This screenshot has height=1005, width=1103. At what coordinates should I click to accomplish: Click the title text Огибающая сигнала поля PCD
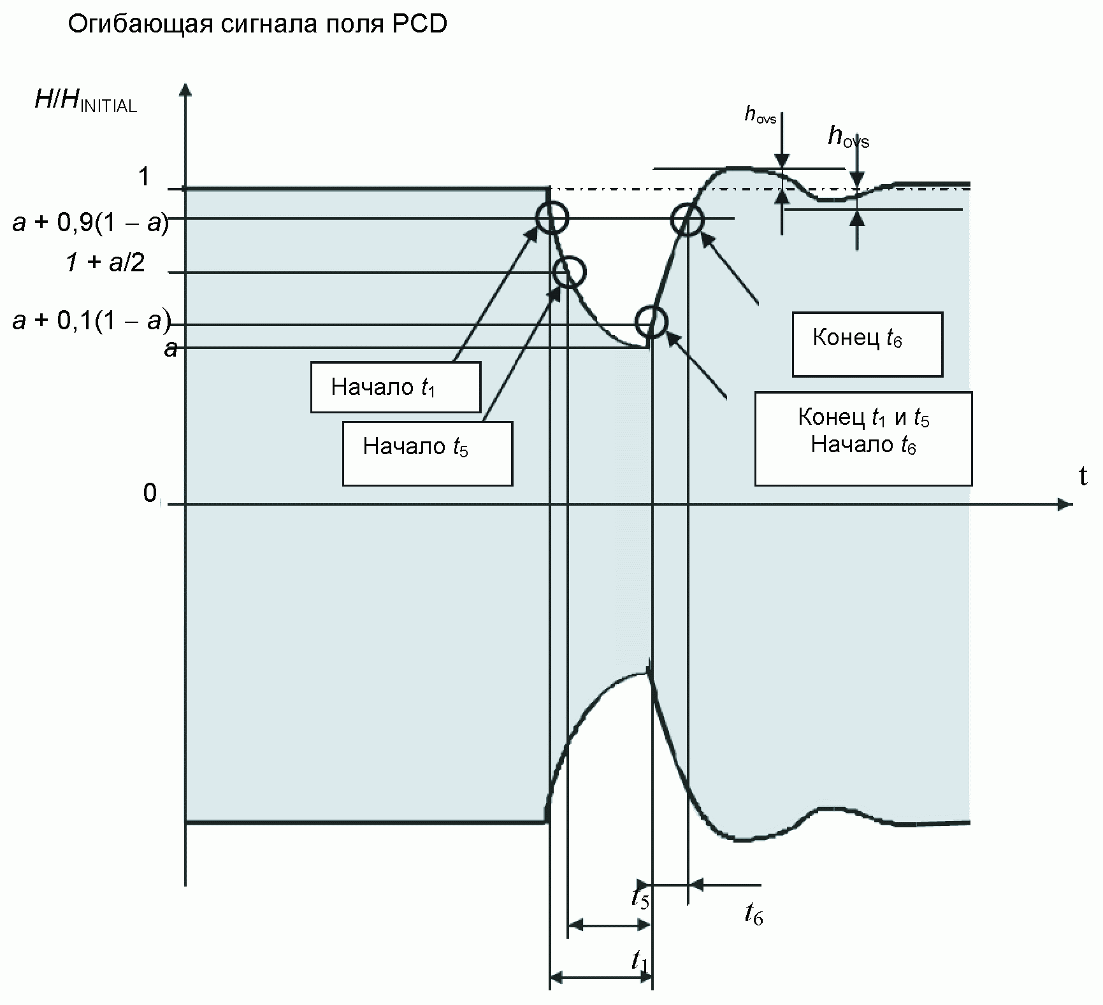click(257, 24)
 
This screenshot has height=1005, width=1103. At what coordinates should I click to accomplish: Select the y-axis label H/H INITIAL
click(85, 102)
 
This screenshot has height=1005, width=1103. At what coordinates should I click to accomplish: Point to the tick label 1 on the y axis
click(145, 176)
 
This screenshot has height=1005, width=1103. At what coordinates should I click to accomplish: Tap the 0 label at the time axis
click(150, 492)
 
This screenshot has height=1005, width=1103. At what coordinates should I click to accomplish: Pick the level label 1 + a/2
click(105, 262)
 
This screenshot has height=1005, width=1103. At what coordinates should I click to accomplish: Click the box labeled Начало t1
click(395, 387)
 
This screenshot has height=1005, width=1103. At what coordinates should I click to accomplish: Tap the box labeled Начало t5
click(428, 453)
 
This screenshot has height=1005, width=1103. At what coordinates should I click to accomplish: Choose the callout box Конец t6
click(867, 344)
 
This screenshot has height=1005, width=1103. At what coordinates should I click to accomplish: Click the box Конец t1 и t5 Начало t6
click(863, 439)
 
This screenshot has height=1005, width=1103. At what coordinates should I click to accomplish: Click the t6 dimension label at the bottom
click(754, 915)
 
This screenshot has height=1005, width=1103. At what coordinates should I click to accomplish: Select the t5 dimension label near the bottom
click(640, 898)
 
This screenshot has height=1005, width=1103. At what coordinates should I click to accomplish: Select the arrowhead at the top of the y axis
click(185, 89)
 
